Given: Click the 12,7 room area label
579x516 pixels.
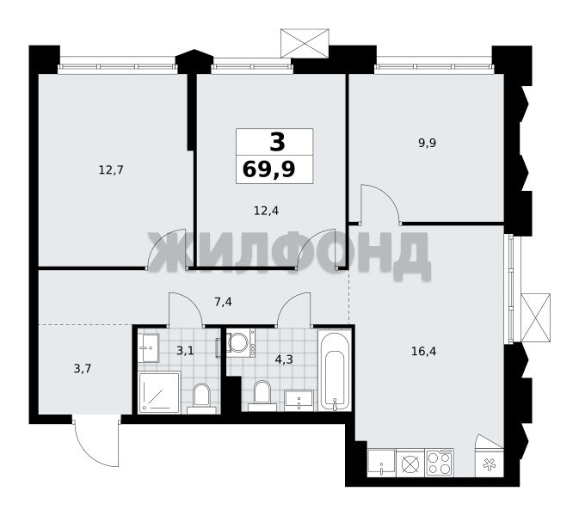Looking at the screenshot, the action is (x=111, y=170).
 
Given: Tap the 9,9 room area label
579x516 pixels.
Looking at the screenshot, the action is (x=428, y=144).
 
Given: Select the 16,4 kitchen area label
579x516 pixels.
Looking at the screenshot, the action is (x=423, y=351).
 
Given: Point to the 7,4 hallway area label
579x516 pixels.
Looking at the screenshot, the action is (x=223, y=303).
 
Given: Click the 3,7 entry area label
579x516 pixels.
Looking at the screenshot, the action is (x=83, y=368).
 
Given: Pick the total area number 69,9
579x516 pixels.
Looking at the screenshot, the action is (x=268, y=170).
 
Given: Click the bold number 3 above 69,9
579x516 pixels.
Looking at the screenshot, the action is (x=277, y=142).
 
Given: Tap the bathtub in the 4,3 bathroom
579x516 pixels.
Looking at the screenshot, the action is (x=335, y=370).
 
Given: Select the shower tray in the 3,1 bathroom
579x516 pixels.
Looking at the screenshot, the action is (x=159, y=392).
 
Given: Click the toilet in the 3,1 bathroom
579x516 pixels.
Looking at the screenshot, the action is (x=201, y=398).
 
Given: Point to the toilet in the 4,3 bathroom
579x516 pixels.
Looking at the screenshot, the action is (x=262, y=396).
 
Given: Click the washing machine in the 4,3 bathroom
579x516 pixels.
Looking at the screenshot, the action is (x=240, y=343).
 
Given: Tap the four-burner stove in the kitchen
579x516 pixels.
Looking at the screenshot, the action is (x=440, y=463).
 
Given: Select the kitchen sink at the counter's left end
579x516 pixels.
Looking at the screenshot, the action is (x=381, y=463).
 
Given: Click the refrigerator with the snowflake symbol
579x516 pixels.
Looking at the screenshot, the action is (x=490, y=463).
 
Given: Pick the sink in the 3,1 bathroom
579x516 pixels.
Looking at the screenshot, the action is (x=149, y=347).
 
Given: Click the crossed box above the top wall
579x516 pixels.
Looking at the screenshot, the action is (x=305, y=43).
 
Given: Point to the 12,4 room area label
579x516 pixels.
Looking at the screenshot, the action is (x=266, y=211).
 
